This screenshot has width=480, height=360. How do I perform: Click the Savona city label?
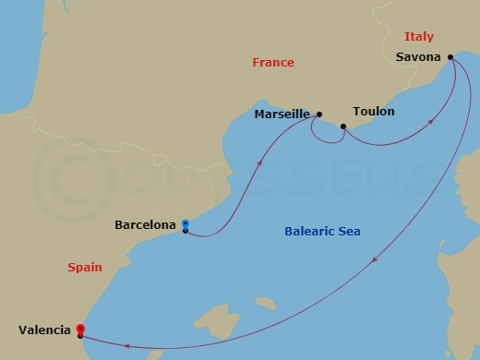click(416, 57)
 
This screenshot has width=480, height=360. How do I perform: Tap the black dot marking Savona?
click(450, 58)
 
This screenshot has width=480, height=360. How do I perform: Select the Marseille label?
click(282, 115)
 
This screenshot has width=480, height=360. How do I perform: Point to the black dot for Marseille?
click(318, 114)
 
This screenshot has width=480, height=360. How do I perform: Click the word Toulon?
click(373, 112)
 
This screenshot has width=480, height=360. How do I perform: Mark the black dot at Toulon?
click(343, 126)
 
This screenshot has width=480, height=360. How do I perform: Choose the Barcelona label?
click(145, 224)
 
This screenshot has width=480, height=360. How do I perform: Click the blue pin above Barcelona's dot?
click(186, 223)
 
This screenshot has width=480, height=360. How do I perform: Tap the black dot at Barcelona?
click(186, 231)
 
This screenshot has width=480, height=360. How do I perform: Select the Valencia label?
click(42, 329)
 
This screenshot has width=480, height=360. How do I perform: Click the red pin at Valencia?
click(80, 328)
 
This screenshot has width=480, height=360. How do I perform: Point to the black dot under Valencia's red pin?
click(80, 335)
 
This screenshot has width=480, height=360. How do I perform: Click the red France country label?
click(273, 63)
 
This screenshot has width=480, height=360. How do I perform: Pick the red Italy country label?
click(419, 37)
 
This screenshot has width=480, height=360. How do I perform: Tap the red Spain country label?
click(85, 268)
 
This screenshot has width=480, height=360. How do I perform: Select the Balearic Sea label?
click(322, 232)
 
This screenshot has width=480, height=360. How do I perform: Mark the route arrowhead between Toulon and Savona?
click(433, 122)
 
